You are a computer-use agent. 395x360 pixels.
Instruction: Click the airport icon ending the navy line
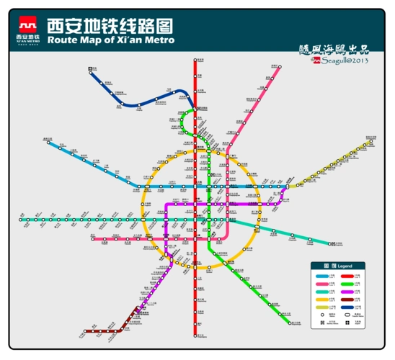[92, 69]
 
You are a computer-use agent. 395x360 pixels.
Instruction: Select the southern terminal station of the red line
[195, 336]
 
